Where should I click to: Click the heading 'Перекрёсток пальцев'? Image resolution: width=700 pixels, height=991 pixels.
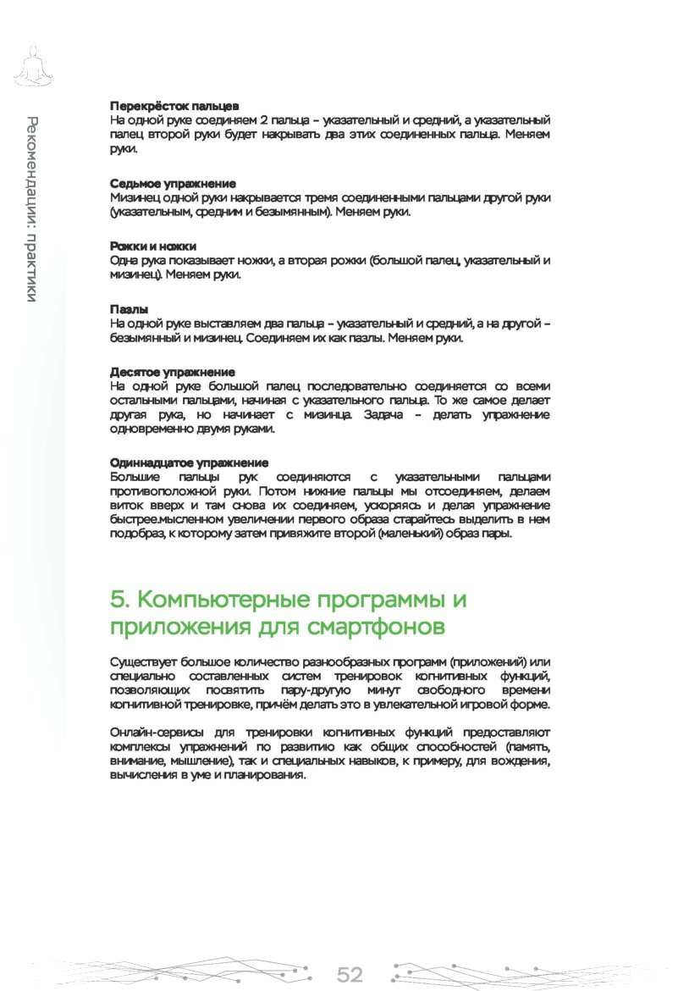174,107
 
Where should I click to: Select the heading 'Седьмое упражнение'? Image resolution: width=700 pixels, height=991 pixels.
173,184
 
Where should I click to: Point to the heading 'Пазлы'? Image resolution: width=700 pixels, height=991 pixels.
130,309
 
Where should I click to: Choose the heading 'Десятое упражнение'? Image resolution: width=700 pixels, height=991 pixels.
172,372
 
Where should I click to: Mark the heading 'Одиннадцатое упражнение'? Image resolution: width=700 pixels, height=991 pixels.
189,462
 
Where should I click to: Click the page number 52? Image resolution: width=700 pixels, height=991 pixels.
350,975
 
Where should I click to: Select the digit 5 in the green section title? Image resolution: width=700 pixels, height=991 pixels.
119,600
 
